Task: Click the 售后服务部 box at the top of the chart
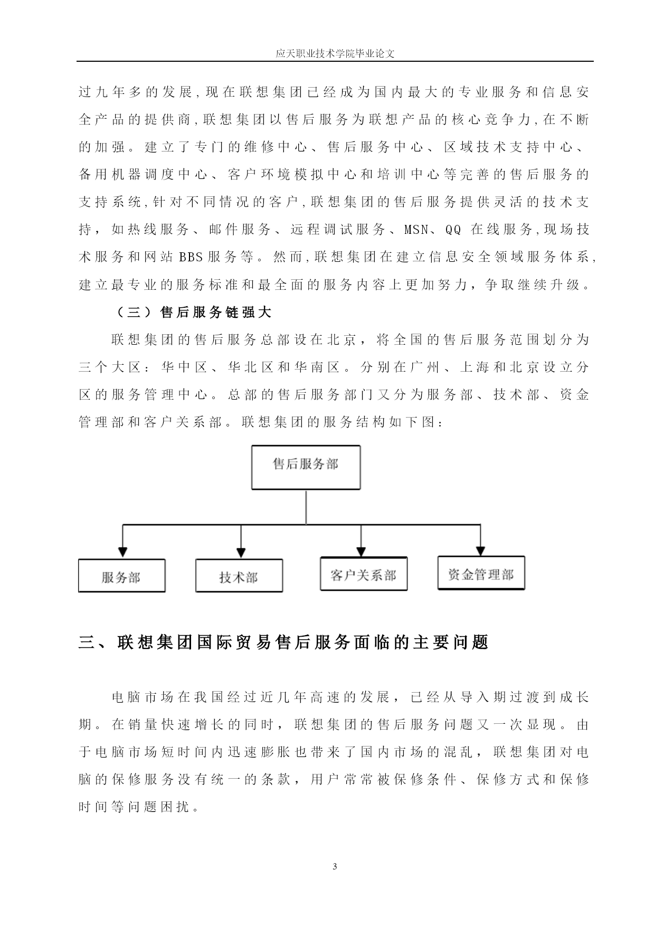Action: pos(306,467)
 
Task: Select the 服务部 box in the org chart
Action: pos(121,575)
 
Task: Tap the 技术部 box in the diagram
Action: pos(239,575)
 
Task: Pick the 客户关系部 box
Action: pos(364,574)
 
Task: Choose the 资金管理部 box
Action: pos(481,573)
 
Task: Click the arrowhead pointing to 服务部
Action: pos(123,553)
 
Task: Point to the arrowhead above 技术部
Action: pos(241,553)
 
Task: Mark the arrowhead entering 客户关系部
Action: pos(361,551)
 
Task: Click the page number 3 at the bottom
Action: pos(335,866)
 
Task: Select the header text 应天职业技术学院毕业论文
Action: pos(335,53)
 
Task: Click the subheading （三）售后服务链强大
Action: pos(192,313)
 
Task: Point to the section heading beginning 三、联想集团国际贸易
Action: pos(283,642)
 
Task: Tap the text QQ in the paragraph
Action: pos(453,230)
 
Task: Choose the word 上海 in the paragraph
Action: pos(475,367)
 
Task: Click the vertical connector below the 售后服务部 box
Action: pos(306,507)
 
